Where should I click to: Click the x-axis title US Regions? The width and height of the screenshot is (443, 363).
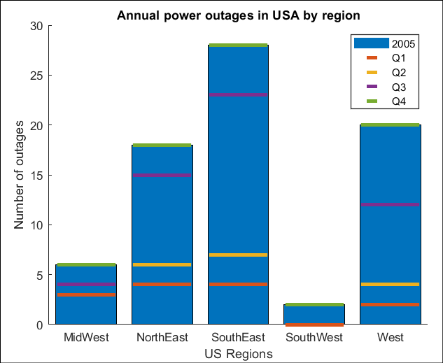[239, 354]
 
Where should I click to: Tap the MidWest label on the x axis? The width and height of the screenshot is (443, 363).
[87, 339]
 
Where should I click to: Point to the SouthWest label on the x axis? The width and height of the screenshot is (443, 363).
[314, 339]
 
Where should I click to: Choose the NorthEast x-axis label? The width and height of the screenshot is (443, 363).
[162, 339]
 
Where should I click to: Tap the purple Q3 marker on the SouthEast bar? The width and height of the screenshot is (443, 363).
[239, 95]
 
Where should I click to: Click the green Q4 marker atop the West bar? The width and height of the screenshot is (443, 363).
[390, 125]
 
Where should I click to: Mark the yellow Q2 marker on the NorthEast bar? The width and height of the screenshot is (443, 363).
[162, 265]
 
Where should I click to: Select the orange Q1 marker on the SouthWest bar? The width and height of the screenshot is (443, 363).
[314, 325]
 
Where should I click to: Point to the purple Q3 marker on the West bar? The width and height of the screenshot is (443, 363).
[390, 205]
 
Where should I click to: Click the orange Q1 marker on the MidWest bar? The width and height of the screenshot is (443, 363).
[87, 295]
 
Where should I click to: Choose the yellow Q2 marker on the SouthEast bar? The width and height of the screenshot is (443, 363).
[239, 255]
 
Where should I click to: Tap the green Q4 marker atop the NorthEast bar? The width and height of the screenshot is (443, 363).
[162, 145]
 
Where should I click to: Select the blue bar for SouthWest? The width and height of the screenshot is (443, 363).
[314, 315]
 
